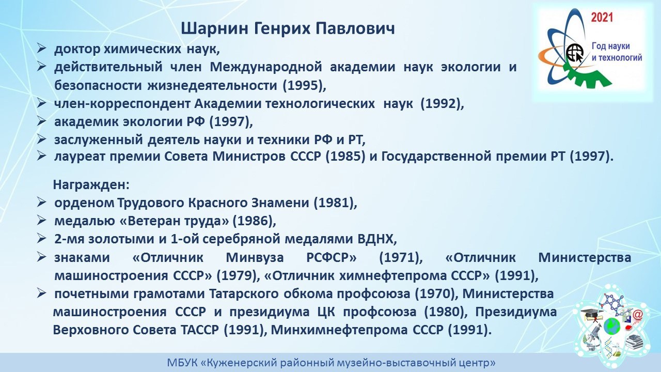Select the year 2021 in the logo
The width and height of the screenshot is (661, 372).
coord(602,18)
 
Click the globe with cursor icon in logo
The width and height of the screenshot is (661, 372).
coord(575,53)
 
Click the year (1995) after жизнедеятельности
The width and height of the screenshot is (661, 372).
coord(304,86)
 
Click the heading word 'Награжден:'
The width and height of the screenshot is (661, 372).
coord(91,185)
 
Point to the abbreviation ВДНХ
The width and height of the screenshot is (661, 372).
coord(377,239)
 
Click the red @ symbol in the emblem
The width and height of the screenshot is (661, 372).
coord(637,315)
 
